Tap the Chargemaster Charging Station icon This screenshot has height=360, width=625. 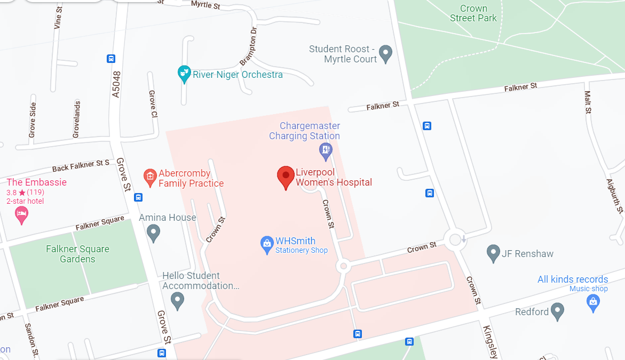326,151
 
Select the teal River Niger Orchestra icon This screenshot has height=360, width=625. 184,74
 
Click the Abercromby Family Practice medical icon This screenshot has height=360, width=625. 150,176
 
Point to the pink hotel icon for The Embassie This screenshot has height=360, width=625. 21,215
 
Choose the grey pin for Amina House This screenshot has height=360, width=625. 154,233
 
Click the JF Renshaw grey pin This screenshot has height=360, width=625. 494,253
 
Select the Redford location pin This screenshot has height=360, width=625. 557,311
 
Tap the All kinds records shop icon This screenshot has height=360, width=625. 592,302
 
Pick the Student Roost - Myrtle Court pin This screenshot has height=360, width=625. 385,53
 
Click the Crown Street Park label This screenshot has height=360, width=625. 473,13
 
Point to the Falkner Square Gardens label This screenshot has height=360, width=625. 77,254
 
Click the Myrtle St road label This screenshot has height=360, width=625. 205,5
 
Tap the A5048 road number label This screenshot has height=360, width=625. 116,84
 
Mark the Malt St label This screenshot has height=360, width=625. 588,102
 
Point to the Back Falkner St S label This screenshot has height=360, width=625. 81,165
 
